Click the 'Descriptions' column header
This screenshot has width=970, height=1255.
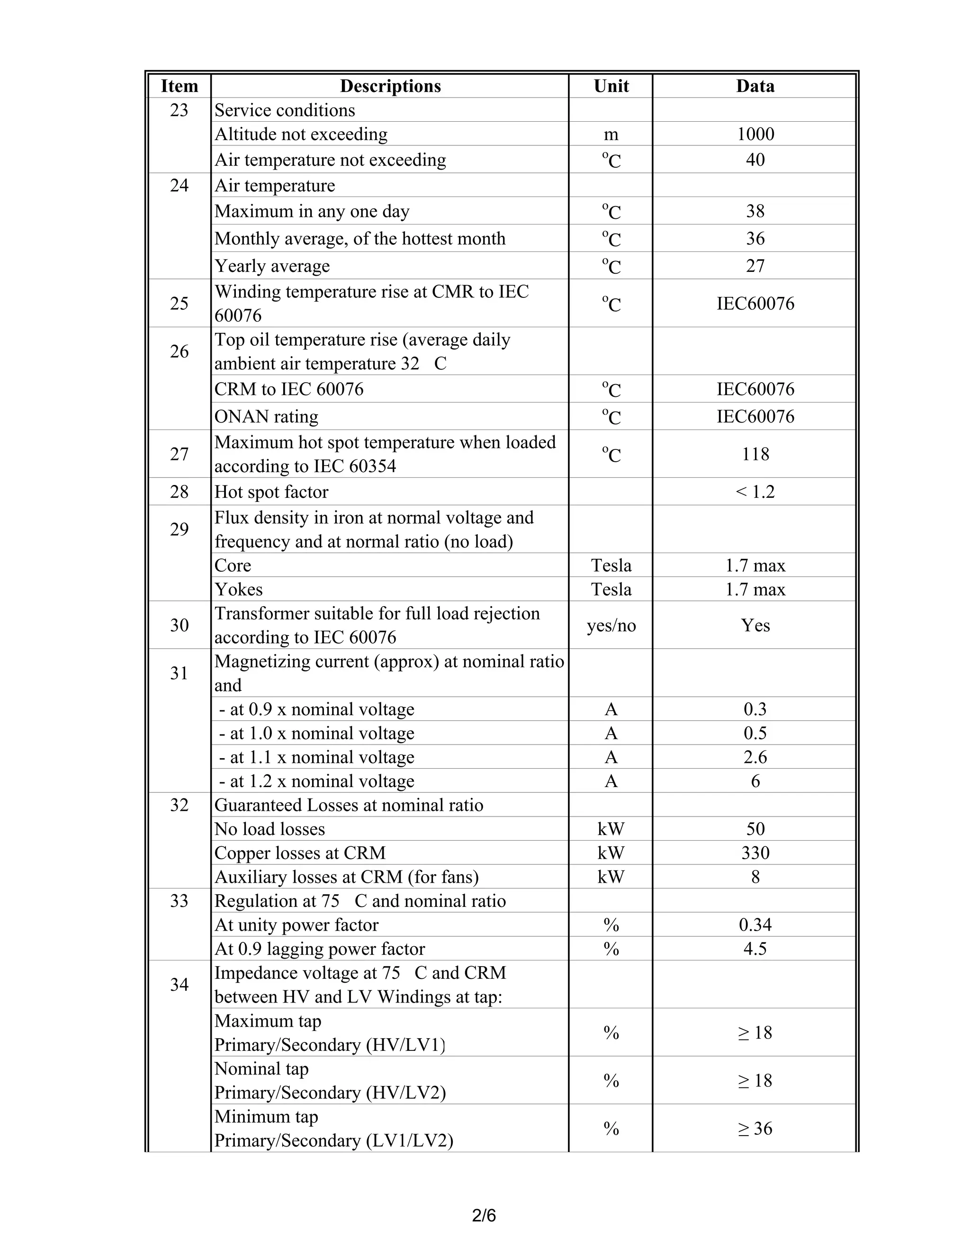(390, 86)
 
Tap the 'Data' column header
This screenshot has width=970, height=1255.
(755, 86)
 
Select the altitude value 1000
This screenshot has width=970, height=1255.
(755, 134)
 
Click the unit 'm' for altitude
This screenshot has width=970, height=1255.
(611, 134)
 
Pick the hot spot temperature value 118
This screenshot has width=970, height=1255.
(755, 454)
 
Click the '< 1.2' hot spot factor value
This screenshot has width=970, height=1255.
(755, 492)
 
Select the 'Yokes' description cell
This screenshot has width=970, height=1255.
(239, 590)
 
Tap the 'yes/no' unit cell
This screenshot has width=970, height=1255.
(611, 625)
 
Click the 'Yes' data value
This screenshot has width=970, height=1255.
(755, 625)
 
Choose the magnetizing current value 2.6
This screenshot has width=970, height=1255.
(755, 757)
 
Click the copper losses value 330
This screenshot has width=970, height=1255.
(755, 853)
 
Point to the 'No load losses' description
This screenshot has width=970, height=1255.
(269, 829)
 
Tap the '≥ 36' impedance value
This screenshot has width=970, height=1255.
(755, 1129)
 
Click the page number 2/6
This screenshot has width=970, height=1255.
(484, 1215)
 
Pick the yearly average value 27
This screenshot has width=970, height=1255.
(755, 266)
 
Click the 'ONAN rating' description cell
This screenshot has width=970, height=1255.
(266, 417)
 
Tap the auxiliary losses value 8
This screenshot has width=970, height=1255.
(755, 877)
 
